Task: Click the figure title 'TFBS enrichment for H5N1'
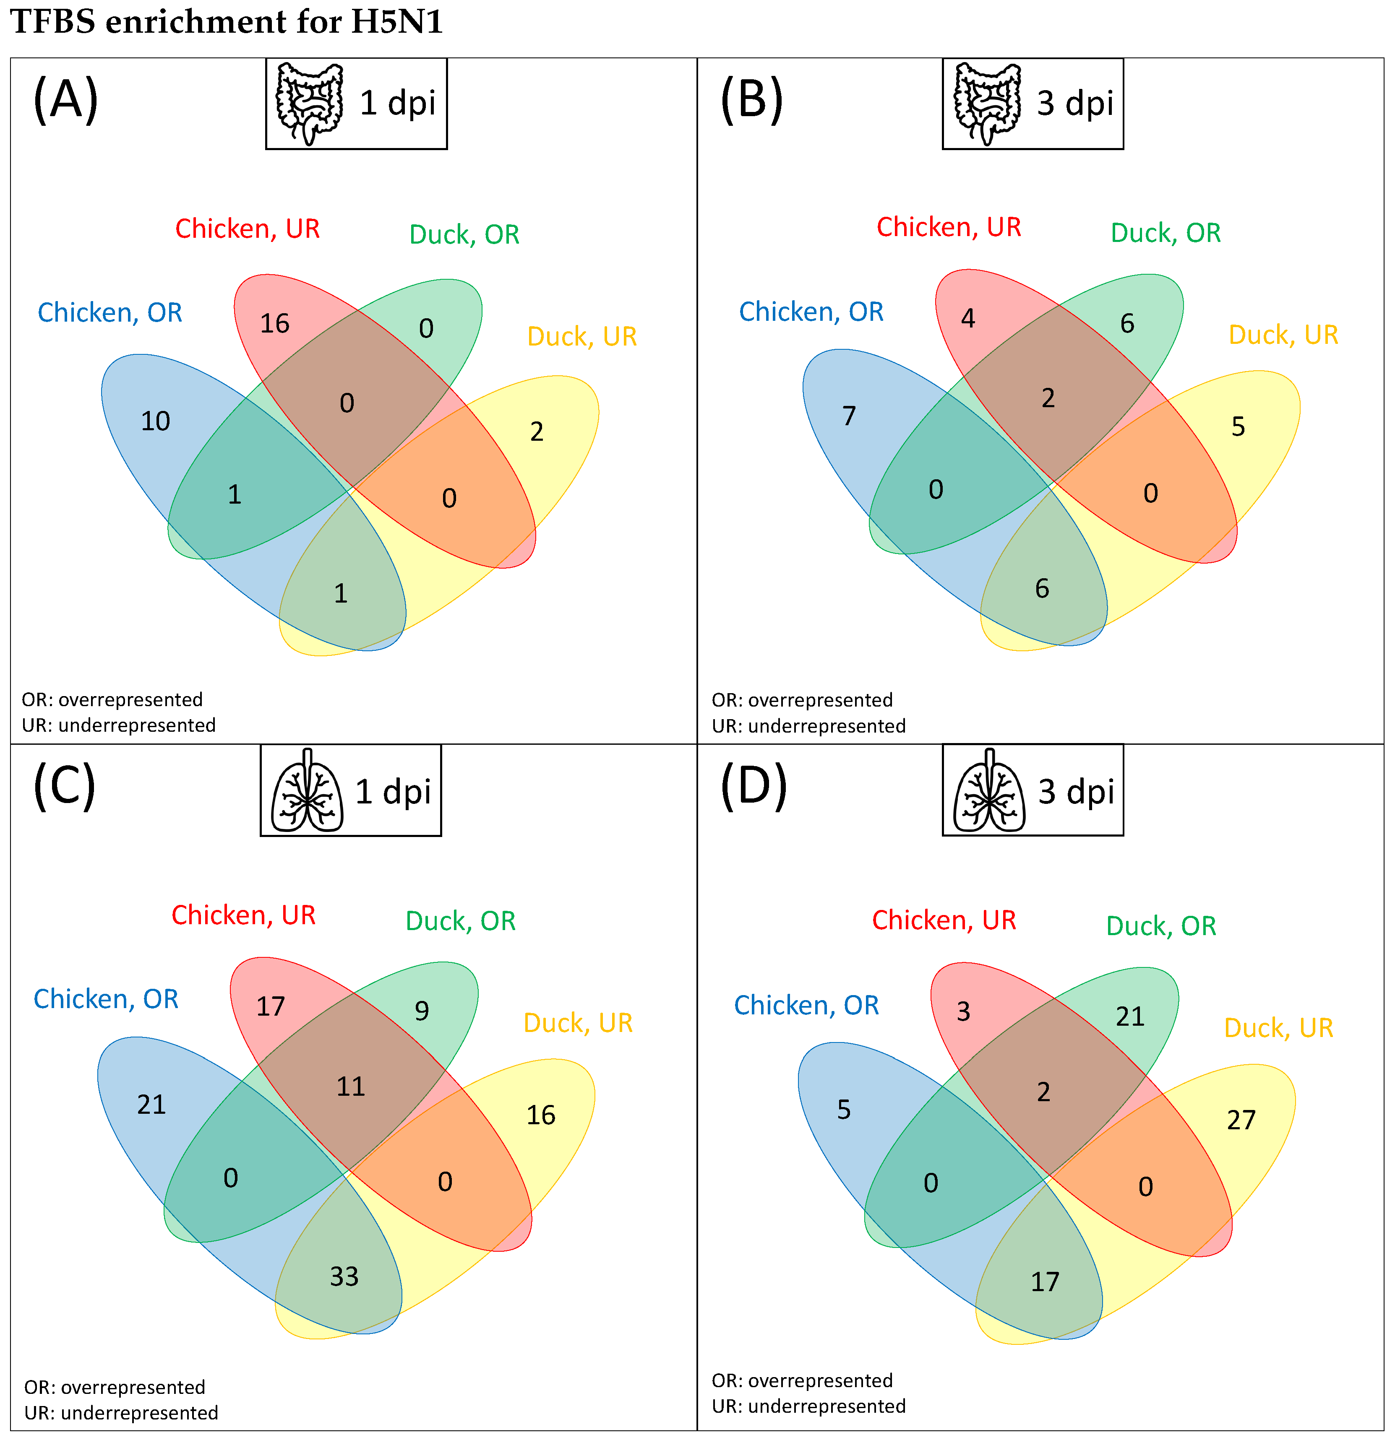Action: [227, 22]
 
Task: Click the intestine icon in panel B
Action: [987, 104]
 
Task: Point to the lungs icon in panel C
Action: [307, 791]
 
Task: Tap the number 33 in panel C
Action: [344, 1277]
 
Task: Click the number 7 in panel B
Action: [850, 416]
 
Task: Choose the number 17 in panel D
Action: [1044, 1282]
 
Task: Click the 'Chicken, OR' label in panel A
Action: [110, 313]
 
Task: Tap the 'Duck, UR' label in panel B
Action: [1283, 335]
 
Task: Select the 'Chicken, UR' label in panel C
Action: [243, 915]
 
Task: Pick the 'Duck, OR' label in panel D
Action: [1160, 926]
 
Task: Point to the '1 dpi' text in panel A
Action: [398, 103]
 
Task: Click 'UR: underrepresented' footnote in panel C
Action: [121, 1413]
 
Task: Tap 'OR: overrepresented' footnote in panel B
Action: [802, 700]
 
